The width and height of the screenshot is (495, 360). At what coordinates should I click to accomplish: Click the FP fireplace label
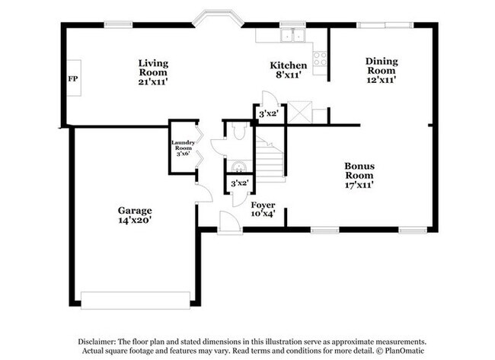(x=72, y=78)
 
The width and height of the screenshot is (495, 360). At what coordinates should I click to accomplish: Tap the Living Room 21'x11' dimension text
(x=153, y=82)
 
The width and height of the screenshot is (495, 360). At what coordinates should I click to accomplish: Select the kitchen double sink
(x=293, y=35)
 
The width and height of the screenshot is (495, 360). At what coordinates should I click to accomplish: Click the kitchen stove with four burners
(x=320, y=59)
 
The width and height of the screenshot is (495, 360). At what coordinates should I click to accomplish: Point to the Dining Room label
(x=382, y=65)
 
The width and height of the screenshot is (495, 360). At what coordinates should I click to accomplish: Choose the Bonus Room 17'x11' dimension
(x=359, y=185)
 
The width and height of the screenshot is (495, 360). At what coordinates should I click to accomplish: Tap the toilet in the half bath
(x=238, y=131)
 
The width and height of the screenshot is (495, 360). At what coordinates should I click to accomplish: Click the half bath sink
(x=239, y=167)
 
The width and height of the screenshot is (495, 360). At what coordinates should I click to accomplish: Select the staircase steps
(x=270, y=160)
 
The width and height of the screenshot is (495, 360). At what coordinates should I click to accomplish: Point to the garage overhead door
(x=136, y=301)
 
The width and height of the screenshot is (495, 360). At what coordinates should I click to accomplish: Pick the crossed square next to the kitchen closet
(x=299, y=113)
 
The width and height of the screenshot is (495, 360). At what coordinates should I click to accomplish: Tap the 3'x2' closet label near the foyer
(x=240, y=183)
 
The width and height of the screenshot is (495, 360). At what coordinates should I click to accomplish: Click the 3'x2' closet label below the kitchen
(x=268, y=113)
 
